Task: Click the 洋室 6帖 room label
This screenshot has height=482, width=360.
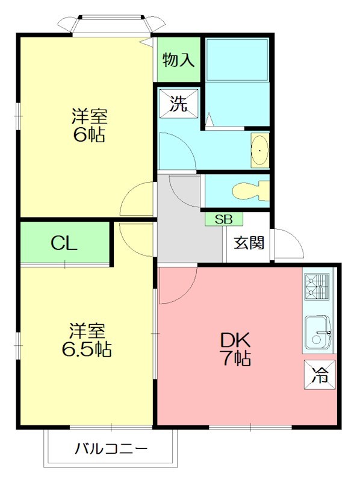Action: pyautogui.click(x=89, y=125)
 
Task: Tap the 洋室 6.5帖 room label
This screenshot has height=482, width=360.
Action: pyautogui.click(x=87, y=340)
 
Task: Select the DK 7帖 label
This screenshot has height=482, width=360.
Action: pyautogui.click(x=235, y=349)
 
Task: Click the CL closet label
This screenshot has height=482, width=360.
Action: pyautogui.click(x=64, y=243)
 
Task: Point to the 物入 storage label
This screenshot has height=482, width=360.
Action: pyautogui.click(x=178, y=60)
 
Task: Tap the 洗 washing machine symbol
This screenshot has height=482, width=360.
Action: pyautogui.click(x=179, y=103)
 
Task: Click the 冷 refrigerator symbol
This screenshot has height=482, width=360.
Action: pyautogui.click(x=320, y=375)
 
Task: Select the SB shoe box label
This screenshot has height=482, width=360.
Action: pyautogui.click(x=223, y=219)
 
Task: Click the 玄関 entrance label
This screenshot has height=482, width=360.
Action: pyautogui.click(x=249, y=243)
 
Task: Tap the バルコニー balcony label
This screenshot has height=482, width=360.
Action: pyautogui.click(x=111, y=449)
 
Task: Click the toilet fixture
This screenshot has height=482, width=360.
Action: pyautogui.click(x=250, y=191)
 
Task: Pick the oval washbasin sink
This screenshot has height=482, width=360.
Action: pyautogui.click(x=260, y=150)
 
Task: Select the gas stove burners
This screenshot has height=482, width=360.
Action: pyautogui.click(x=317, y=287)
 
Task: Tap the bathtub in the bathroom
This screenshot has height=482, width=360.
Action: pyautogui.click(x=237, y=60)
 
